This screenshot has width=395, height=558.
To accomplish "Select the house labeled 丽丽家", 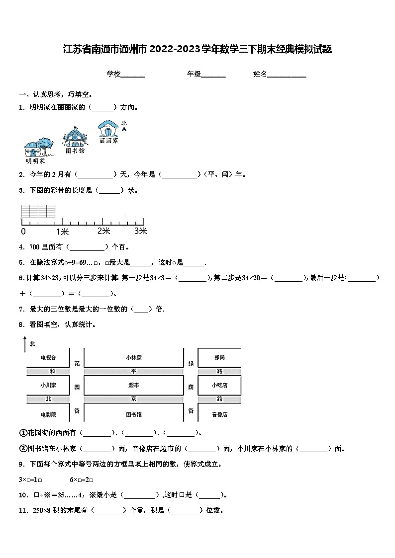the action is pos(108,128).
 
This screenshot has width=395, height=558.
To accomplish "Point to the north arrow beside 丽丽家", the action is pos(124,128).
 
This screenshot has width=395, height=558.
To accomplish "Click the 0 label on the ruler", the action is pos(23,231).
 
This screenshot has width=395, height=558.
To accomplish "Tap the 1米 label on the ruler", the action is pos(62,231).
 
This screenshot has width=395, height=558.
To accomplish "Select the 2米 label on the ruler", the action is pos(103,231).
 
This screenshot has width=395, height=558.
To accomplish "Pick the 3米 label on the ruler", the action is pos(141,231).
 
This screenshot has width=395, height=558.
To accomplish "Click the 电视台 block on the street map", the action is pos(48,357).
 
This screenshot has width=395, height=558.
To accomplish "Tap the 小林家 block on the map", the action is pos(134,357).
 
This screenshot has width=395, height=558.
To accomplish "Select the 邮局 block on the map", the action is pos(219,357).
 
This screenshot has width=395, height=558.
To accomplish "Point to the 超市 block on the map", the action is pos(134,385).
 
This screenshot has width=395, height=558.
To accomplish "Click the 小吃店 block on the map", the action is pos(219,385).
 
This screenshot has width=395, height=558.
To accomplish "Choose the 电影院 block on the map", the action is pos(48,413).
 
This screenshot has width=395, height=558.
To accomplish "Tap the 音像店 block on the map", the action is pos(219,413).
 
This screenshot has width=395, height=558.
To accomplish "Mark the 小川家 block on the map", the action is pos(48,385).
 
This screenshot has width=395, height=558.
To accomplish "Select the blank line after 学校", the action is pos(133,75).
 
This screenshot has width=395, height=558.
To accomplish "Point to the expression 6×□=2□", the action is pos(82,479).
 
